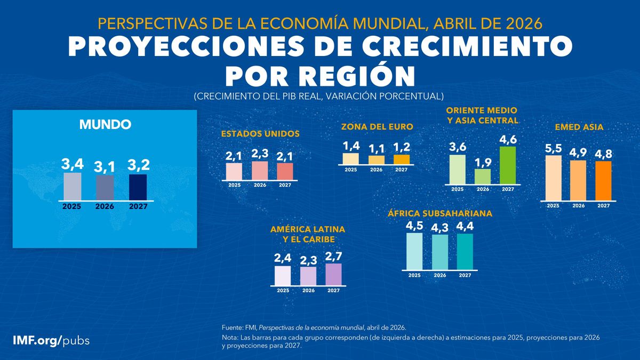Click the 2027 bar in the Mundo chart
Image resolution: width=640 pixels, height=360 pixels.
[x=138, y=187]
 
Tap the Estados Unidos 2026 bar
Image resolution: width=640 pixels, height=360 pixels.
[x=259, y=171]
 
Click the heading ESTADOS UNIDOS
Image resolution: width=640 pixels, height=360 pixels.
[x=260, y=134]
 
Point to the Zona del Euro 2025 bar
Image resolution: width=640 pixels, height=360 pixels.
[x=350, y=158]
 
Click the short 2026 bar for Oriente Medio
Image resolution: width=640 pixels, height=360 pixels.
[x=483, y=177]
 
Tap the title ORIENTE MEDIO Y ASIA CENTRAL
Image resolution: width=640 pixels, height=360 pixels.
[x=483, y=115]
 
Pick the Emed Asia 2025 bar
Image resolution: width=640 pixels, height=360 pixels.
[x=553, y=178]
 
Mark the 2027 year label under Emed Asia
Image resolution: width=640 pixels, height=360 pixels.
[x=603, y=205]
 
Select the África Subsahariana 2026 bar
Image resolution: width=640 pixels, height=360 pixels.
[x=440, y=252]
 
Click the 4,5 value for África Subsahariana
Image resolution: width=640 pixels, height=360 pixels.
[x=414, y=225]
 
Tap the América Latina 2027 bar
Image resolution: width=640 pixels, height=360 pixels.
[x=333, y=275]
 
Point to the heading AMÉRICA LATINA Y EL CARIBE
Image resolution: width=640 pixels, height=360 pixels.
[x=308, y=234]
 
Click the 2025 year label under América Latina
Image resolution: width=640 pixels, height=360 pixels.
[x=283, y=291]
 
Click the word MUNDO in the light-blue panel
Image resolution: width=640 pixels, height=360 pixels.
[x=105, y=125]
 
